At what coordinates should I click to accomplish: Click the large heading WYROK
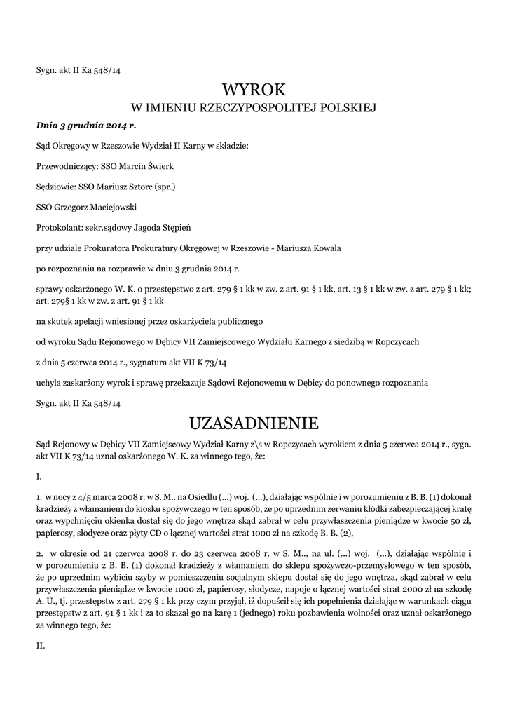(x=254, y=90)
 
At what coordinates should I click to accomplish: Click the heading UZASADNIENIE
(x=254, y=424)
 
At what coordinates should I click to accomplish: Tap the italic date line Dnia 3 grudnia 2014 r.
(x=85, y=126)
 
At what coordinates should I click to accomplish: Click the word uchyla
(x=48, y=383)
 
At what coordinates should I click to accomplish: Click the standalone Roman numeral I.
(x=39, y=476)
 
